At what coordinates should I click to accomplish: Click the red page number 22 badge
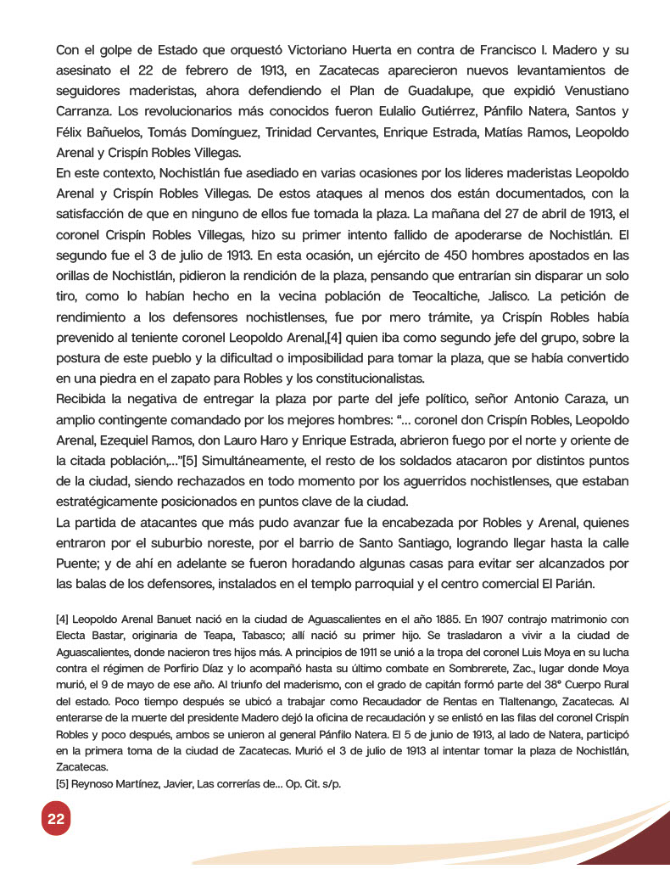pos(56,819)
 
